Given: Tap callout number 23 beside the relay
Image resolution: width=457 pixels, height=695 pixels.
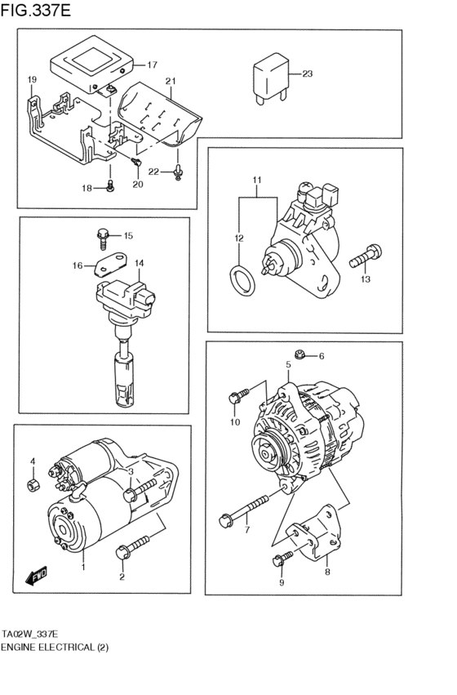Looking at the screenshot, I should [307, 74].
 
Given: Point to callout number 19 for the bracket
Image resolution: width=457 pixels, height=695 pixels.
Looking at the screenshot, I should [32, 79].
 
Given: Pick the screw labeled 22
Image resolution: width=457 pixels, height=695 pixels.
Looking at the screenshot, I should [178, 172].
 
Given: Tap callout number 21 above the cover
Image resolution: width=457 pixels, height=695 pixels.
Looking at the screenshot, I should [171, 81].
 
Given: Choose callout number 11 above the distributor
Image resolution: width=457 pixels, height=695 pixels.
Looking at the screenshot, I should [255, 180].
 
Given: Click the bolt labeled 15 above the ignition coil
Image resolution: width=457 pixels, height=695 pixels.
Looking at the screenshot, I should [103, 238].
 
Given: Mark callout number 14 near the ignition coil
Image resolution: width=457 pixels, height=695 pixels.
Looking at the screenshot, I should [139, 263].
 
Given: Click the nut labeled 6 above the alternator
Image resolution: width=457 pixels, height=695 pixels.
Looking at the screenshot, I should [301, 354].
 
